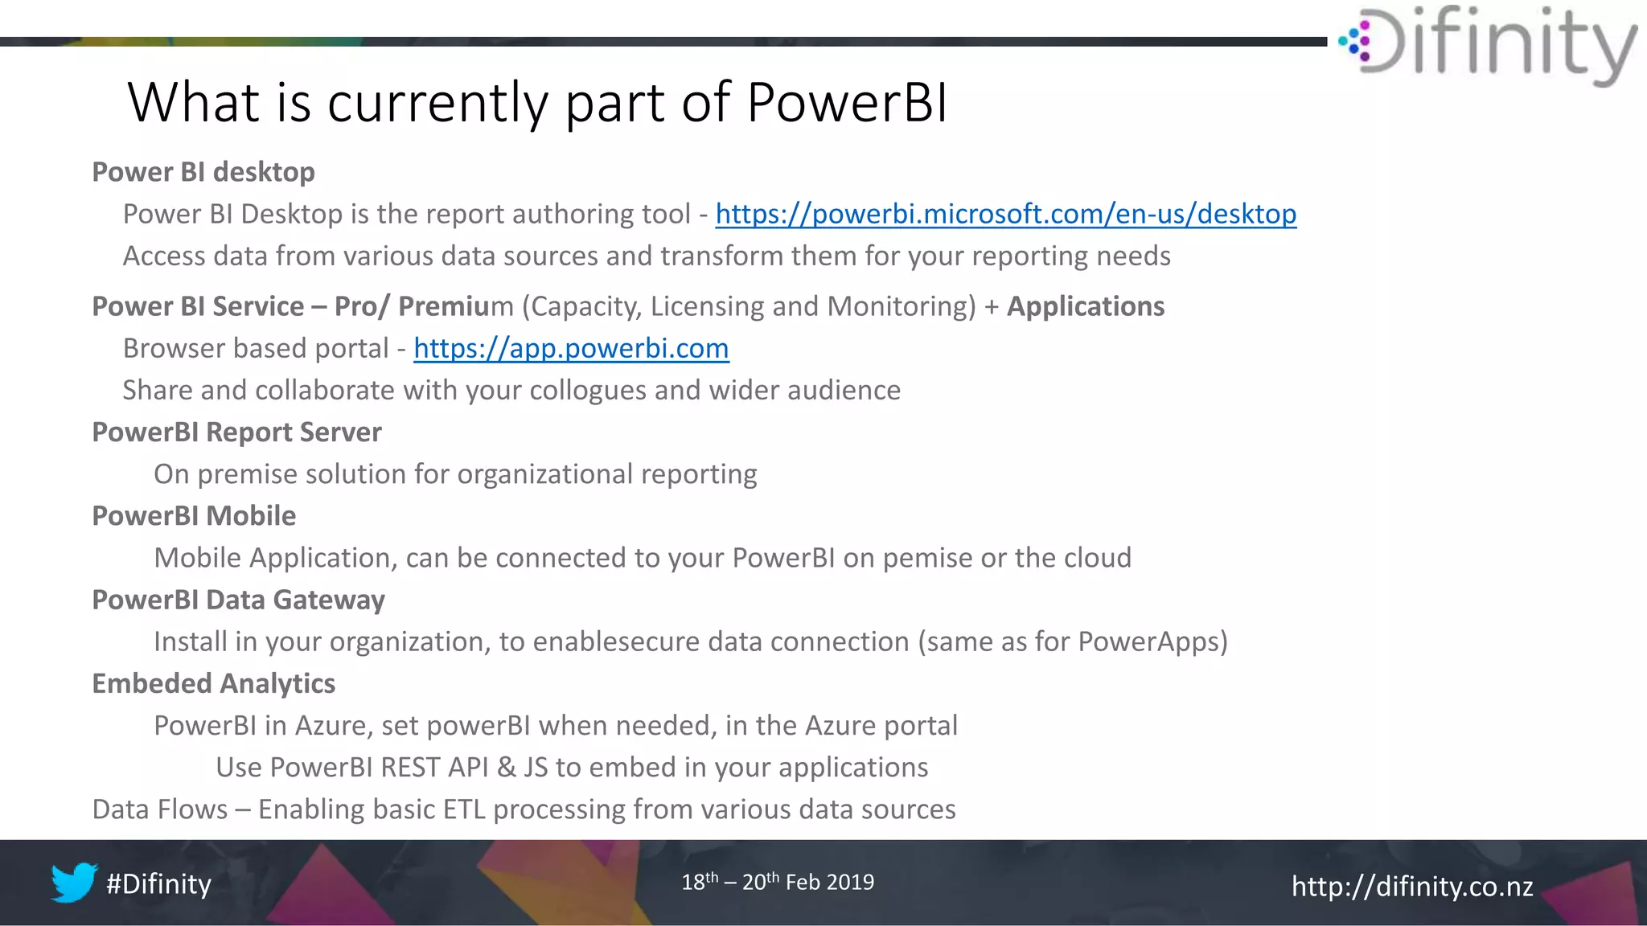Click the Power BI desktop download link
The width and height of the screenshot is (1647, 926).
[1005, 214]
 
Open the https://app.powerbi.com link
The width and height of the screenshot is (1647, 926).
[571, 348]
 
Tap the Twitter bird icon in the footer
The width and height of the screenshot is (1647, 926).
[73, 883]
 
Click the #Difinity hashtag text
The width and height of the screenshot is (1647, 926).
[158, 883]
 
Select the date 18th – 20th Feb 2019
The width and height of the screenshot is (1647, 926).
[777, 882]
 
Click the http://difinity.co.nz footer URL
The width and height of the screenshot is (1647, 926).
[1411, 886]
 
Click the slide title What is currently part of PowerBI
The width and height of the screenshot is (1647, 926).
[537, 102]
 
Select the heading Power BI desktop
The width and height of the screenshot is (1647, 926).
[203, 172]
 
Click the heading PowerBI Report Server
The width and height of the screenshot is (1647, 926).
[236, 432]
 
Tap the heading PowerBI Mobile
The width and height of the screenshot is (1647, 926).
[194, 516]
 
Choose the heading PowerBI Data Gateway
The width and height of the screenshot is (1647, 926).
[238, 600]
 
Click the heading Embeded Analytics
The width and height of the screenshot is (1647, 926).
[213, 683]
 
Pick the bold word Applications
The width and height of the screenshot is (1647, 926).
[1085, 306]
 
